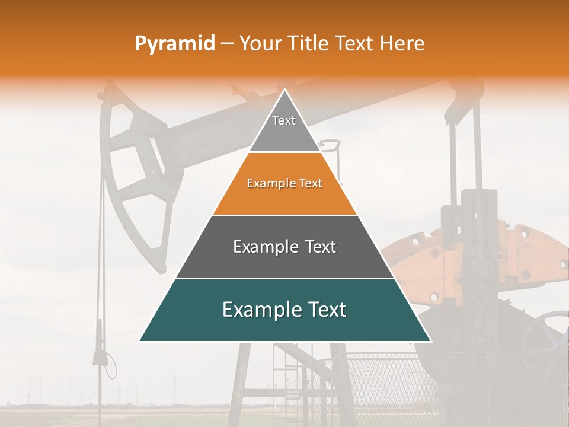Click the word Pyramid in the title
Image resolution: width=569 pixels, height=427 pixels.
point(175,44)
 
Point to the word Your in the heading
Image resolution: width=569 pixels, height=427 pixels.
point(260,44)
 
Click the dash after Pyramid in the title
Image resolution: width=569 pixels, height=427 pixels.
point(227,44)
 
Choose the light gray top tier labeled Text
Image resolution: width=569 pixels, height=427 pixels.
point(284,128)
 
